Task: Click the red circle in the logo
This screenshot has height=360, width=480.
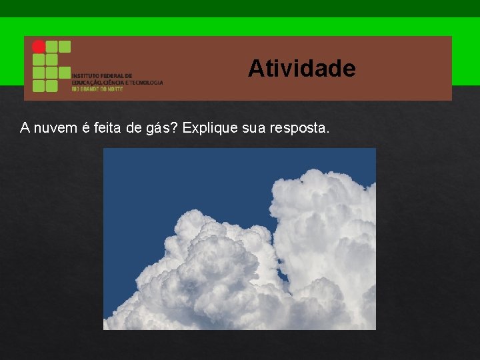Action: [39, 47]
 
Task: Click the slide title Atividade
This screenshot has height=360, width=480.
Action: [301, 68]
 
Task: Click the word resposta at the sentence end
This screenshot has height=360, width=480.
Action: [299, 127]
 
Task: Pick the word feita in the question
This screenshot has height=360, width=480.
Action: [107, 127]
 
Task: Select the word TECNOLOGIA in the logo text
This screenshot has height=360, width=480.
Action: [147, 83]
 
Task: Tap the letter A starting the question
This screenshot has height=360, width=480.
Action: [25, 127]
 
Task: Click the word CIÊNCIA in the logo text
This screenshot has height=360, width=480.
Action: [115, 83]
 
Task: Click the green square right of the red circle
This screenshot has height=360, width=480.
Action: [51, 47]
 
